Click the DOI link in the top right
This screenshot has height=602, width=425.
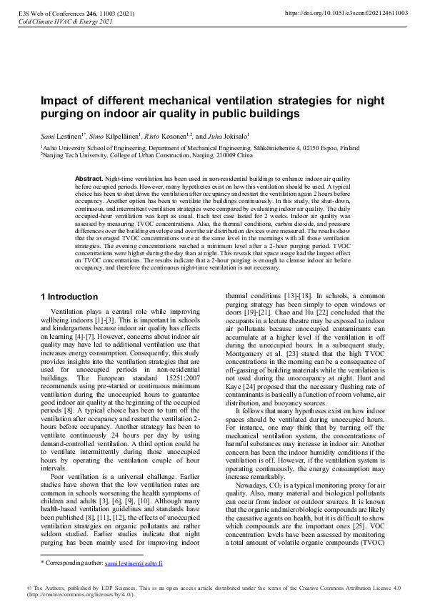[346, 13]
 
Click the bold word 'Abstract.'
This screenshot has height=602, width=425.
[89, 177]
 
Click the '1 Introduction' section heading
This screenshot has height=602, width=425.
[69, 296]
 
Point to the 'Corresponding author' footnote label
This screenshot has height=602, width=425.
[74, 563]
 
